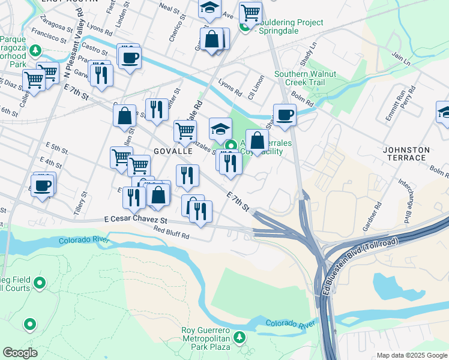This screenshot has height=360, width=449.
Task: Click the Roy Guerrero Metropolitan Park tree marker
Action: point(240,338)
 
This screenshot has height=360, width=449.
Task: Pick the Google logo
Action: point(20,353)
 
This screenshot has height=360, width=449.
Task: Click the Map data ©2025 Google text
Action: point(411,355)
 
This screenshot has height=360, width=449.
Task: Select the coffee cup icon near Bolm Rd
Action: point(285,114)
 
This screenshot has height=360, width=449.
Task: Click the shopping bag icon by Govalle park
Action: point(257,141)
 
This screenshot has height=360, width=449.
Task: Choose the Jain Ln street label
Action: point(401,59)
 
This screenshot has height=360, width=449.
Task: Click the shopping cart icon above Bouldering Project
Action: point(250,11)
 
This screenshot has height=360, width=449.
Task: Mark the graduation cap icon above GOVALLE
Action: point(220,128)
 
